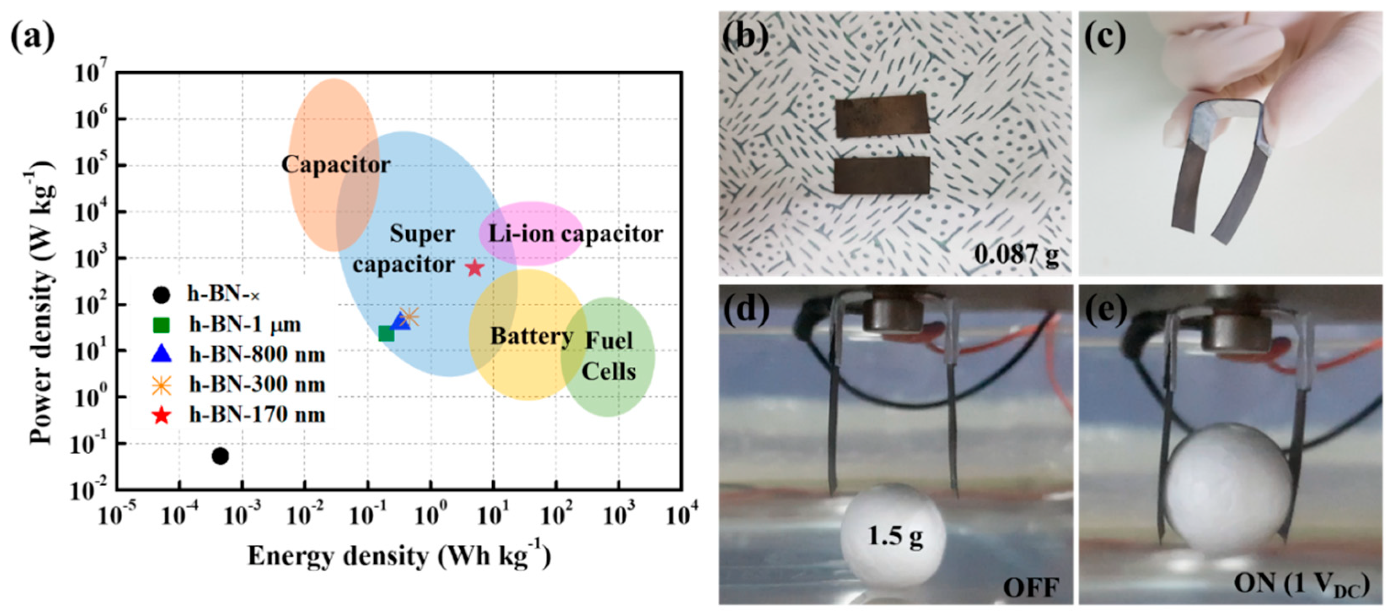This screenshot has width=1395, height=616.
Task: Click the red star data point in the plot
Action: tap(475, 268)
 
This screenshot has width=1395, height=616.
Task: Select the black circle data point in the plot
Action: tap(220, 456)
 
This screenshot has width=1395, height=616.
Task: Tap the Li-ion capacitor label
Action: tap(575, 234)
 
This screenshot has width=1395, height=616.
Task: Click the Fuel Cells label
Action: tap(609, 356)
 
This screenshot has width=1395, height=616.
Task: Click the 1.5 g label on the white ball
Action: tap(895, 536)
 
